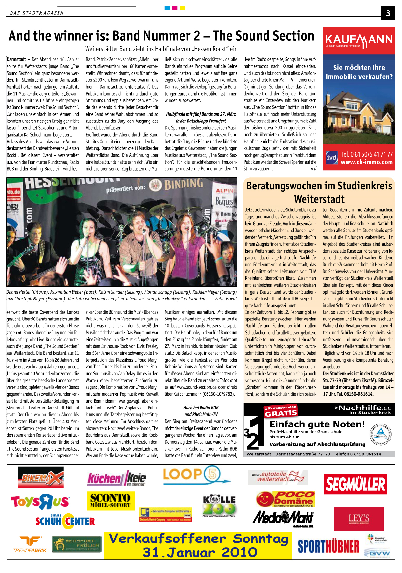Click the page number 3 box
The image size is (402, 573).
[x=388, y=13]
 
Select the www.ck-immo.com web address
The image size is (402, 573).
[x=367, y=162]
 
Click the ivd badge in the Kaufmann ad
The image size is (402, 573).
[x=331, y=158]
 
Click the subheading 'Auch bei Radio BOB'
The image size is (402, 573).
[x=201, y=408]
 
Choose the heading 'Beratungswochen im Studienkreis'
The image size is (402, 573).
[x=319, y=186]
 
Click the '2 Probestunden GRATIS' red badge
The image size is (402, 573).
[x=281, y=411]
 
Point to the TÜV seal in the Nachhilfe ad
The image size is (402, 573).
[x=381, y=434]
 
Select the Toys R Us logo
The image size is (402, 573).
[x=40, y=501]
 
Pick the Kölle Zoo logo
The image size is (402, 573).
[x=219, y=505]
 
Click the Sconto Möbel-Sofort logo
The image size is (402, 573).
[x=110, y=500]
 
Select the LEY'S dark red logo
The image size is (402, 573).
[x=359, y=519]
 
